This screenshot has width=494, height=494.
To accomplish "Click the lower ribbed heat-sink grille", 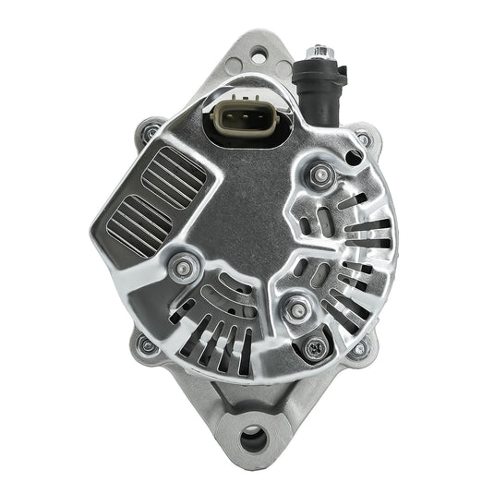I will click(x=139, y=223).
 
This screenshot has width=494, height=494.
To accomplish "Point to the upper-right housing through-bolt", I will click(x=365, y=140).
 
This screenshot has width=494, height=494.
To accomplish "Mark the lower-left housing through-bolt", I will click(x=146, y=345).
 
